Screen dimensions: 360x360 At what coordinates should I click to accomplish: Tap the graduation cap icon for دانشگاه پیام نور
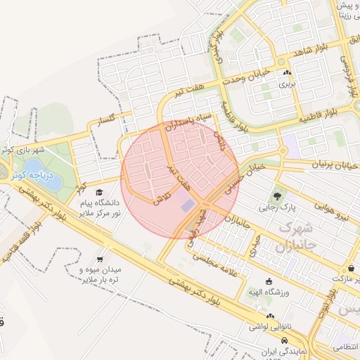pos(99,192)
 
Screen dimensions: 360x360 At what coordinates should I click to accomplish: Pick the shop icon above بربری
pos(286,72)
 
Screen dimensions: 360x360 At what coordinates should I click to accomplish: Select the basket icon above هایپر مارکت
pos(350,269)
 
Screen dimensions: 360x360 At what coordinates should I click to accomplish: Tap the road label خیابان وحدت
pos(243,75)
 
